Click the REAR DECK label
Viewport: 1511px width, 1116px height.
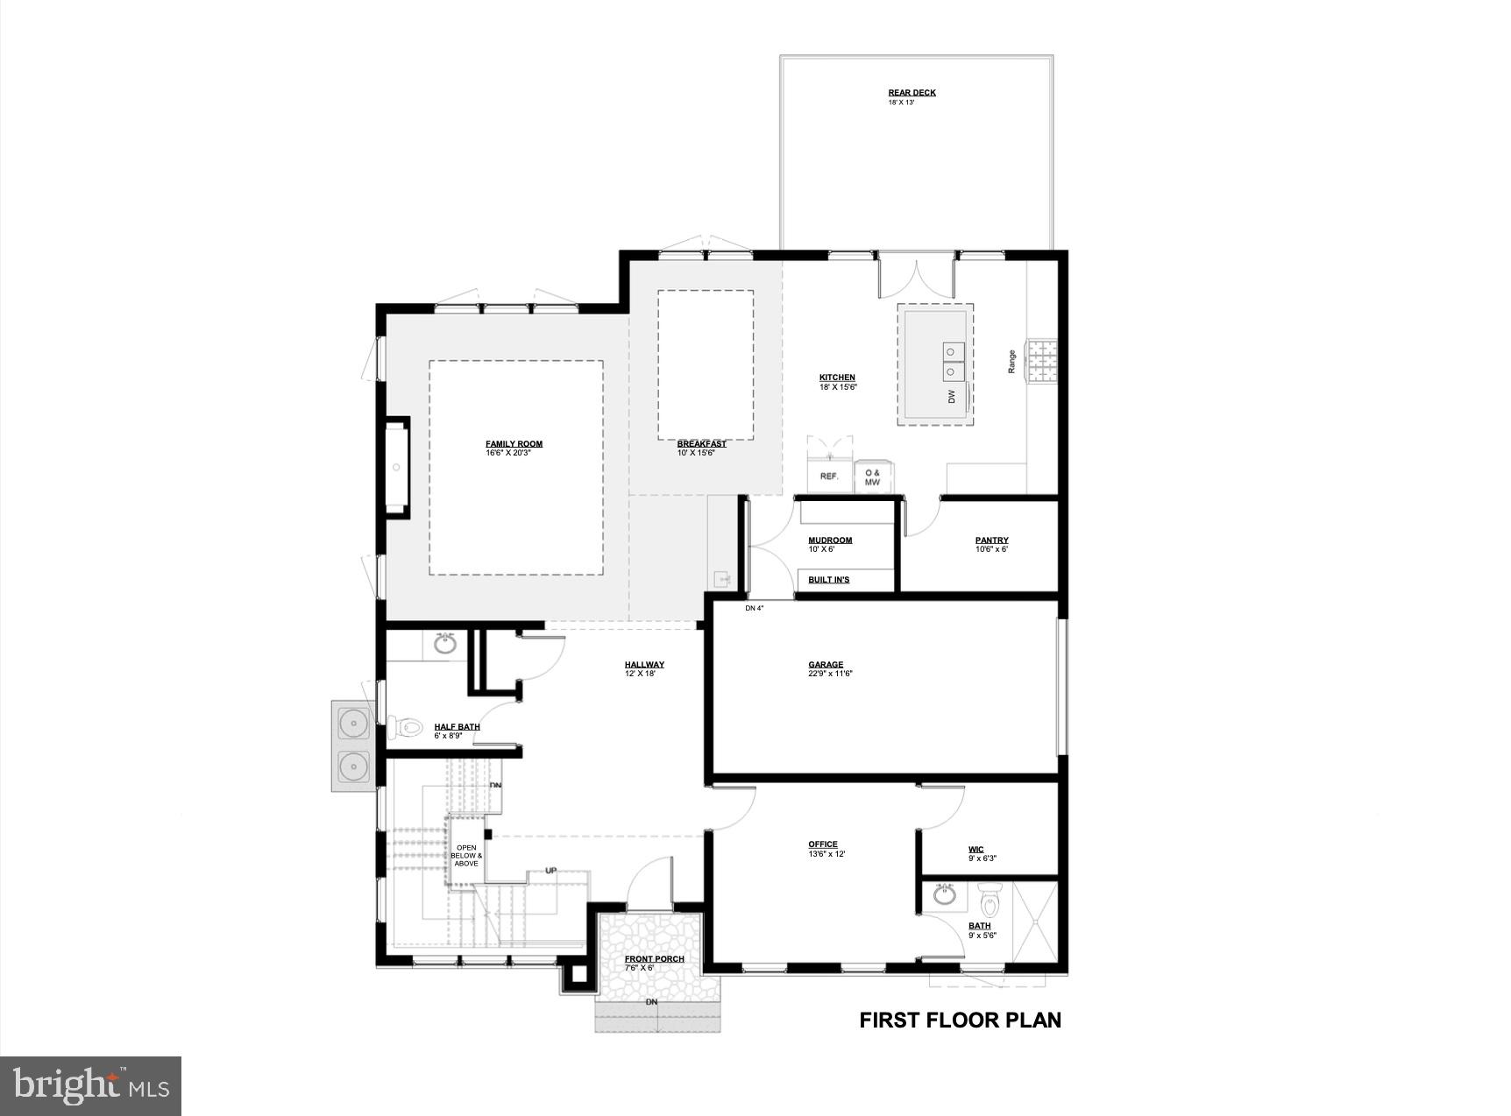[912, 93]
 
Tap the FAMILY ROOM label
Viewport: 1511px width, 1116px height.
[514, 444]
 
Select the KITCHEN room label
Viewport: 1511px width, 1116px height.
[837, 378]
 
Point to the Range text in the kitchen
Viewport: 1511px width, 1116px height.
[1011, 362]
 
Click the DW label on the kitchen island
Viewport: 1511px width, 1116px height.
[952, 397]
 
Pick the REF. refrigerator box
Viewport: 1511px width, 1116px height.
[828, 477]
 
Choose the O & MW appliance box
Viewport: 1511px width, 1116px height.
[873, 477]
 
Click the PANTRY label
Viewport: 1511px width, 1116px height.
[991, 540]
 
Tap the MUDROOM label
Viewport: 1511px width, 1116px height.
[830, 540]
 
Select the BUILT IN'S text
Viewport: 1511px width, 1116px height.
[828, 580]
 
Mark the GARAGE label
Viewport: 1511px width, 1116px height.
[826, 665]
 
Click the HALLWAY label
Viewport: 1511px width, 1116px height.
[644, 665]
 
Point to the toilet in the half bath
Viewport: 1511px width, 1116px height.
[403, 726]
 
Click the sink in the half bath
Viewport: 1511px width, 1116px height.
[445, 644]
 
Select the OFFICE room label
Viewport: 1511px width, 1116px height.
[823, 844]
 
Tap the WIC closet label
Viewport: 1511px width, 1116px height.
[975, 850]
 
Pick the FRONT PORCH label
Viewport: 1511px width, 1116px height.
[654, 959]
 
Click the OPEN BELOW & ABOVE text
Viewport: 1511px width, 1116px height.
[466, 855]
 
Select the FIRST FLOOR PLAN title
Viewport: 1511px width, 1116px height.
[960, 1020]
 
